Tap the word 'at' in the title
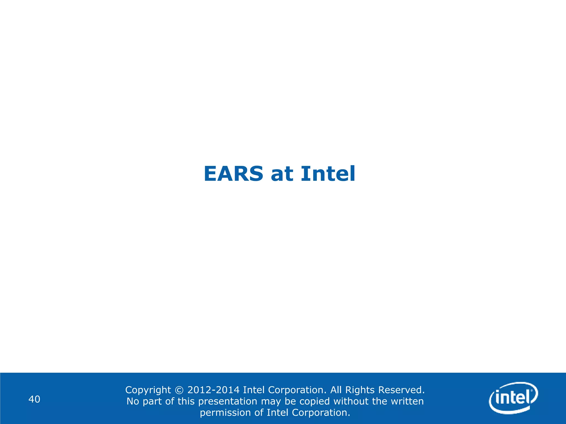(282, 174)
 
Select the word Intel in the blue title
(328, 174)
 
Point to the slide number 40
(35, 399)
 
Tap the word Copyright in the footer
(148, 390)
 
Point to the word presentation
(228, 401)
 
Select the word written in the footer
(407, 401)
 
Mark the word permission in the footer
(226, 413)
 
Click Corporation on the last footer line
(321, 412)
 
